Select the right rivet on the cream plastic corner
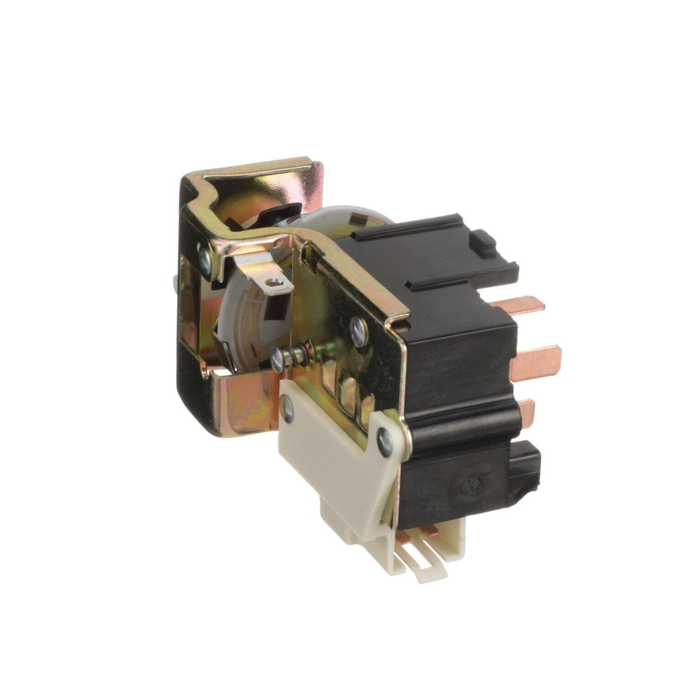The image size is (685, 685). tap(385, 442)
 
